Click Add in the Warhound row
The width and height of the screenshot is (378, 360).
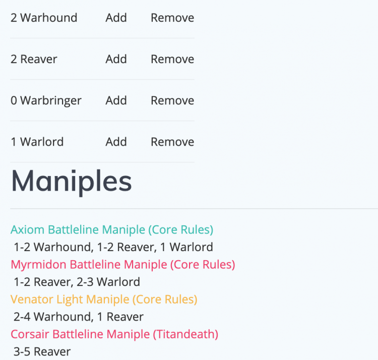tap(116, 18)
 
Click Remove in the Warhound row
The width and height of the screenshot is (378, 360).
tap(172, 18)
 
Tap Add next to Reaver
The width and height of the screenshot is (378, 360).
tap(116, 59)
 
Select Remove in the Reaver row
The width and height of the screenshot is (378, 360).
tap(172, 59)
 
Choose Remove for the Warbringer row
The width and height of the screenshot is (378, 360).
tap(172, 100)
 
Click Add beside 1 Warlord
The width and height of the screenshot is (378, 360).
tap(116, 142)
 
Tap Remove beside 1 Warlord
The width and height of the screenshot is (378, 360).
tap(172, 142)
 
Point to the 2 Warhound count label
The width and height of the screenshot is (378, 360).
tap(44, 18)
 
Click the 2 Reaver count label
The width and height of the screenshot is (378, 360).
tap(34, 59)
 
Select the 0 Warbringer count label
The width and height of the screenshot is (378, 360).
tap(46, 100)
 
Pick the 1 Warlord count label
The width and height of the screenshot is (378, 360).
tap(37, 142)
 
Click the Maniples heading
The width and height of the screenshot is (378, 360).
tap(71, 181)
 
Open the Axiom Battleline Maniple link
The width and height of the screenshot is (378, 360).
tap(112, 230)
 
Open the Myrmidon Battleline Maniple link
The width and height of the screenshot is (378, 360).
tap(123, 264)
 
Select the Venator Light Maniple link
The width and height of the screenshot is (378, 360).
tap(104, 299)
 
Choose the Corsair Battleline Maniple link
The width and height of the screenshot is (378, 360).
tap(114, 334)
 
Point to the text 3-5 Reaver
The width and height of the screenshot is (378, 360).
tap(42, 351)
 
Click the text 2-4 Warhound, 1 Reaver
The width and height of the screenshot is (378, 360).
tap(79, 317)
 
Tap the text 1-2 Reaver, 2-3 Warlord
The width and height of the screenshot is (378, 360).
tap(77, 282)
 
